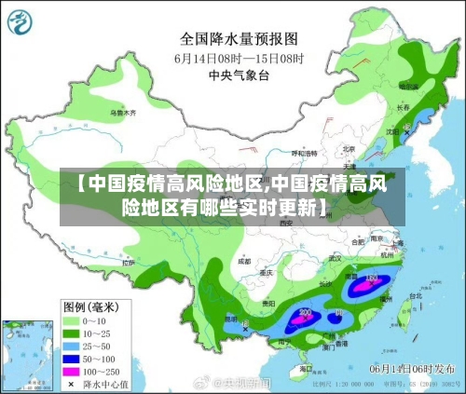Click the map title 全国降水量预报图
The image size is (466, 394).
[238, 39]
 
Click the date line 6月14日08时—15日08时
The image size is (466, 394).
[238, 58]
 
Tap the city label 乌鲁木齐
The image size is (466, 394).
[122, 113]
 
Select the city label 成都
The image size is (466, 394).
[244, 263]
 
